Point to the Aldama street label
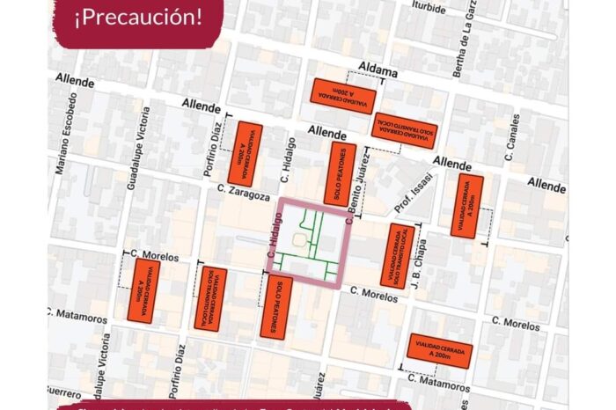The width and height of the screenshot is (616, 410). pyautogui.click(x=380, y=68)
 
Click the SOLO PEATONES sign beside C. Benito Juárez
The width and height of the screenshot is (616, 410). pyautogui.click(x=340, y=173)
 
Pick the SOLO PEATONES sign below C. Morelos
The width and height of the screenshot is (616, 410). pyautogui.click(x=275, y=305)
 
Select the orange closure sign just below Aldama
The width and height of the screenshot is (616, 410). pyautogui.click(x=343, y=95)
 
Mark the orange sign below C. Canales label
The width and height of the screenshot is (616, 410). pyautogui.click(x=466, y=205)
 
